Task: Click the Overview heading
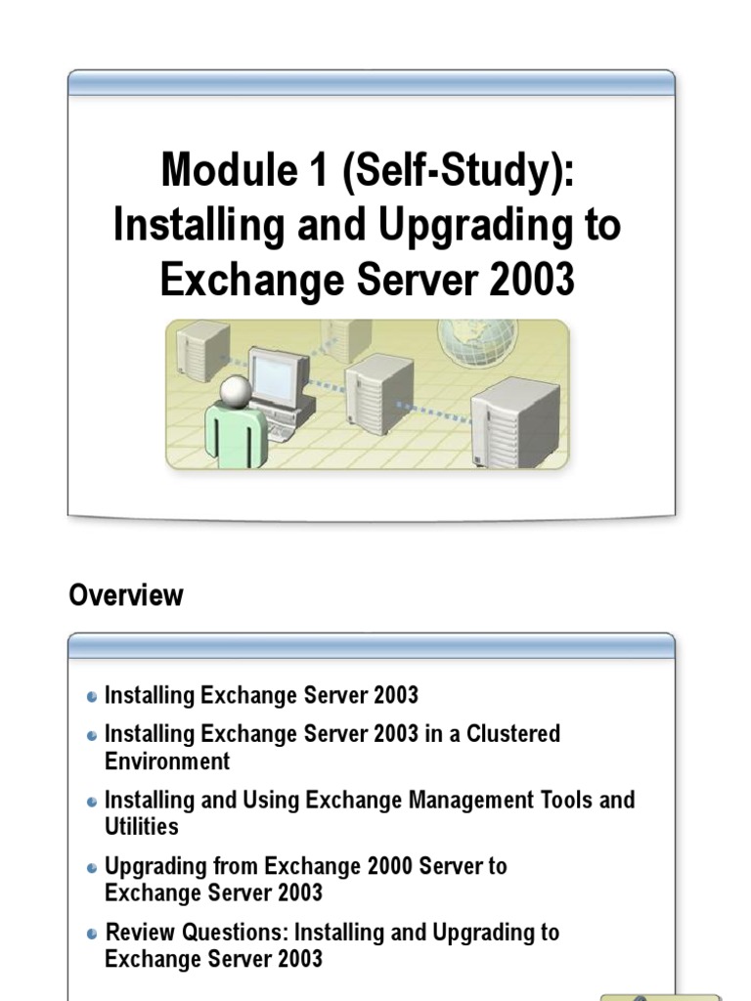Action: (x=125, y=595)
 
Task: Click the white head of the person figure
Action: (x=235, y=391)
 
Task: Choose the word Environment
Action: (x=167, y=761)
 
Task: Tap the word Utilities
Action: (x=142, y=827)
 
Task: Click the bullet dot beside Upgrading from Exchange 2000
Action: (x=92, y=868)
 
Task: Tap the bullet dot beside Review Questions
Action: (x=92, y=935)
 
